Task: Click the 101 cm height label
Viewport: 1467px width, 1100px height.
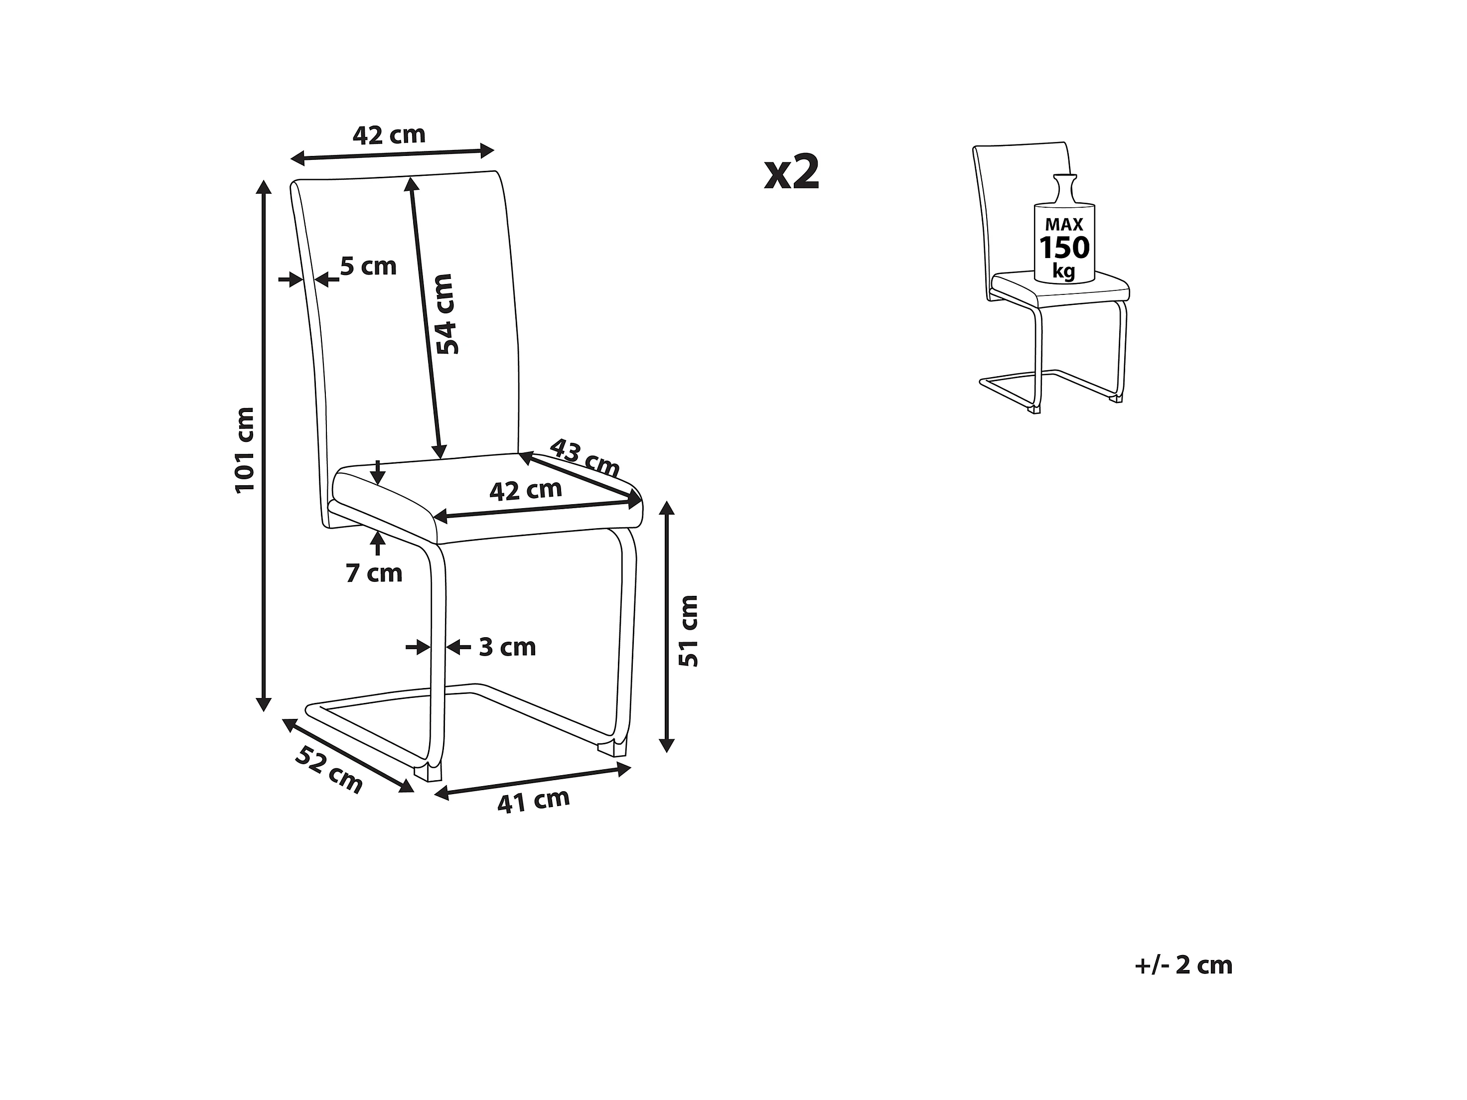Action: (245, 449)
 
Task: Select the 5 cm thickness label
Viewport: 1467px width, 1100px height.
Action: (368, 267)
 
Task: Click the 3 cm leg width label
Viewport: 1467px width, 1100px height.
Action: (507, 647)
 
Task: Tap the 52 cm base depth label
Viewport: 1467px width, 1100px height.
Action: (329, 771)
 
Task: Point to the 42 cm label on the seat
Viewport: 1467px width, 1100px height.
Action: (525, 491)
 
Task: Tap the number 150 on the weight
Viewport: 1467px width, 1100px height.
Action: (1064, 248)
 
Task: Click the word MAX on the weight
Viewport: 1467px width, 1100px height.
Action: (1064, 225)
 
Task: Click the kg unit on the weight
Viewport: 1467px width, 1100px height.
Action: (1064, 271)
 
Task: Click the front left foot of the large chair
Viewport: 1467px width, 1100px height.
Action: (428, 771)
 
